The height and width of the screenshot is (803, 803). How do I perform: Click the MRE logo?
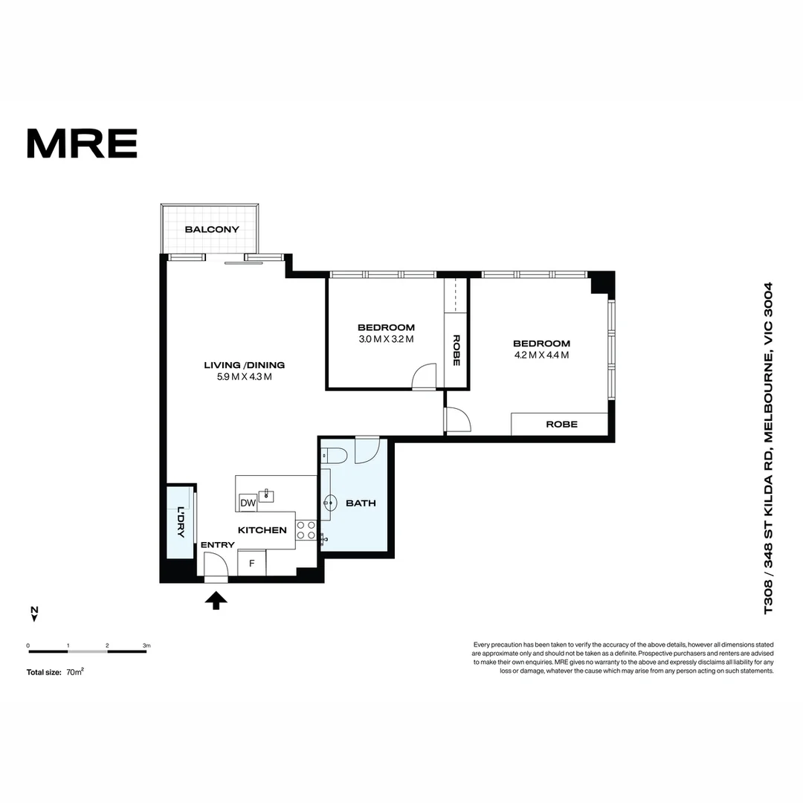[x=82, y=143]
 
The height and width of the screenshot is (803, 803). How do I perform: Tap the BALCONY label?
[x=212, y=230]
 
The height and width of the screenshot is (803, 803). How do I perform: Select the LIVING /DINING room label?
[x=245, y=365]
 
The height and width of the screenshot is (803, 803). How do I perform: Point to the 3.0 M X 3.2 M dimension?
[x=386, y=339]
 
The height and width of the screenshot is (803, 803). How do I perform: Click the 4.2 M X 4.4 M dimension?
[x=541, y=355]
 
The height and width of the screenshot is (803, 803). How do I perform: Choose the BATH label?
[x=361, y=503]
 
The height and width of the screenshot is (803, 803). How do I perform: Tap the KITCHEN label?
[x=262, y=530]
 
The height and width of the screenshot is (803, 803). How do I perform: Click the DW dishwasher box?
[x=248, y=503]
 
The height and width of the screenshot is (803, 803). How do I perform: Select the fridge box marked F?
[x=251, y=563]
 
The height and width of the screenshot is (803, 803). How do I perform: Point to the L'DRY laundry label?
[x=180, y=521]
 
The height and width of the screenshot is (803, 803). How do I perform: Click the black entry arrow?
[x=216, y=600]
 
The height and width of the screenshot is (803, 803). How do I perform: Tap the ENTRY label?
[x=218, y=545]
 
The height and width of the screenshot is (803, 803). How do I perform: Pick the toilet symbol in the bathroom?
[x=334, y=456]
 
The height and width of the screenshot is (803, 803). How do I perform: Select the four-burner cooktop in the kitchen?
[x=306, y=530]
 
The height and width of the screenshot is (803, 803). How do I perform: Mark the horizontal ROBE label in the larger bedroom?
[x=561, y=424]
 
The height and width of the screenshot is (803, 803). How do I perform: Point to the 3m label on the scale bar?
[x=146, y=645]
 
